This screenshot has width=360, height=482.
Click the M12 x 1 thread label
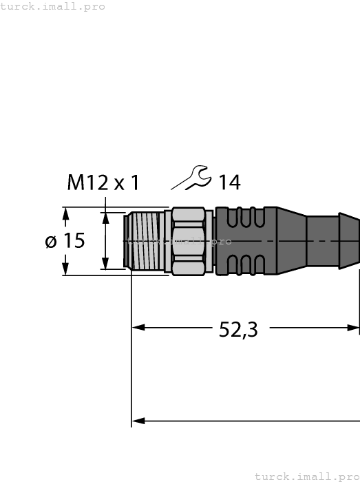(x=103, y=182)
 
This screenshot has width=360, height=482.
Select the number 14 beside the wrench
(x=229, y=182)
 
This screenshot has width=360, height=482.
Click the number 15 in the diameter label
(x=73, y=241)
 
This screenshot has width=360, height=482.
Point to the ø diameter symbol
(x=50, y=242)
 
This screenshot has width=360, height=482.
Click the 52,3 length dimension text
(x=238, y=330)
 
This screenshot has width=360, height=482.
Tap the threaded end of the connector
(x=145, y=241)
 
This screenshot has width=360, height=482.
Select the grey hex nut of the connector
(x=189, y=241)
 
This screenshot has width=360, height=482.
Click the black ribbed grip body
(x=255, y=241)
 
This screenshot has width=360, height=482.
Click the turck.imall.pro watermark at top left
(x=53, y=6)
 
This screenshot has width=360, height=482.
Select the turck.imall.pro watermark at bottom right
(x=307, y=476)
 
